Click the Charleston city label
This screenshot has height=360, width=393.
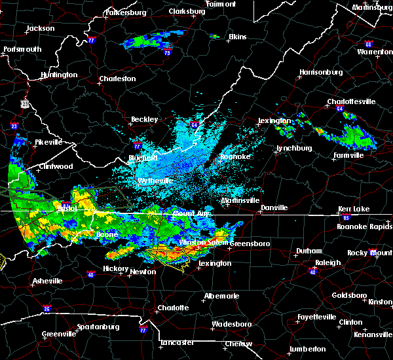point(117,79)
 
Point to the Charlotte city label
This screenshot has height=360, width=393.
point(172,308)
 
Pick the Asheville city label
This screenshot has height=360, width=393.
point(48,281)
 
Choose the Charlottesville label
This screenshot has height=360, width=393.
point(351,101)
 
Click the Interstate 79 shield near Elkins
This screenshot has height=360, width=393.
point(167,53)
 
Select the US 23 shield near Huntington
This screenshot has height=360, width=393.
point(25,103)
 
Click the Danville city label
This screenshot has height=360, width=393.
point(274,207)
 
